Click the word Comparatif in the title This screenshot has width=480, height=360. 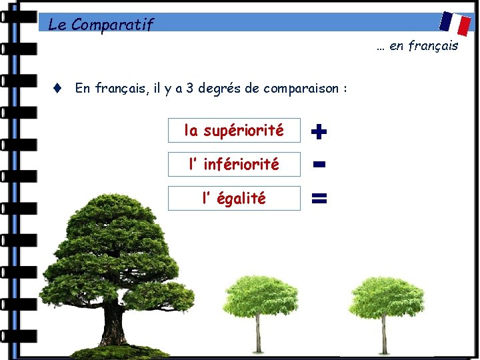(112, 25)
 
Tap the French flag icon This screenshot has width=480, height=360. (455, 23)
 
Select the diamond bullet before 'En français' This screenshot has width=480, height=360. (58, 87)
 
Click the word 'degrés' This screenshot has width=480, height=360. (219, 88)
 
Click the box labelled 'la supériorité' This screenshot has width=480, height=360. (234, 131)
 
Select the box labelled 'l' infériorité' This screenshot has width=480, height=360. (234, 164)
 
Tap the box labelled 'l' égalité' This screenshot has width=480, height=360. (234, 198)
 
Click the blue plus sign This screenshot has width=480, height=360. (319, 132)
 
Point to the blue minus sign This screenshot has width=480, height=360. (319, 164)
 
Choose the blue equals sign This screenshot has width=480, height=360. (319, 198)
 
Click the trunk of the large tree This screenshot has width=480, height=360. (111, 320)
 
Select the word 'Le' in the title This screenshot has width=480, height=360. (57, 25)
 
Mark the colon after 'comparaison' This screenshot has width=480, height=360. (345, 89)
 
